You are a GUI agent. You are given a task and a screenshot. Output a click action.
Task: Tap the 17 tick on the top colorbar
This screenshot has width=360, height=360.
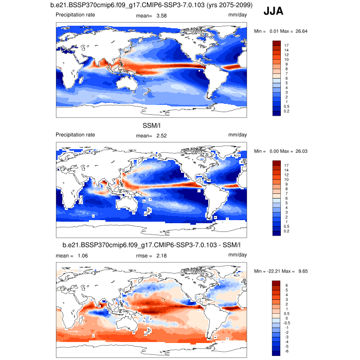point(286,46)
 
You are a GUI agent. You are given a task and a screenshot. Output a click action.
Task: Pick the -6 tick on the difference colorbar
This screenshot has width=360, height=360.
point(286,351)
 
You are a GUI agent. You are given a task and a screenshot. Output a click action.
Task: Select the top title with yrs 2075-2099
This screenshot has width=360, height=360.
point(148,6)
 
